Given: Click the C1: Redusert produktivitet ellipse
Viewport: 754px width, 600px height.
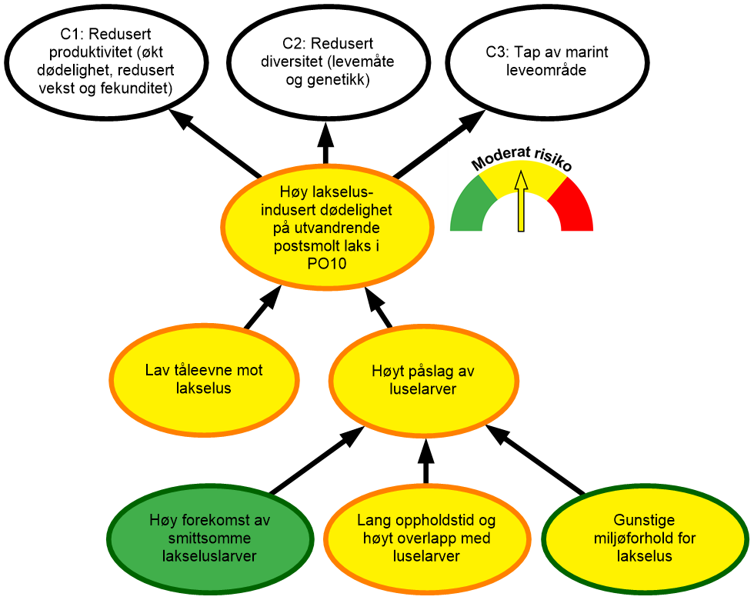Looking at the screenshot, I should pyautogui.click(x=106, y=62).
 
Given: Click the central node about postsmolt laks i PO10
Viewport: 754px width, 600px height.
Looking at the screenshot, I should pyautogui.click(x=327, y=229).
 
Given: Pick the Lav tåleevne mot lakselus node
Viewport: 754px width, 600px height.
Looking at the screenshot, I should pyautogui.click(x=204, y=379).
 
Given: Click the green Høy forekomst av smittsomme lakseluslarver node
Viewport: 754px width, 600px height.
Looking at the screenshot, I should pyautogui.click(x=209, y=538).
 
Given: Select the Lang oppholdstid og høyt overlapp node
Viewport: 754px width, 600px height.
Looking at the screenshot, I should pyautogui.click(x=426, y=538).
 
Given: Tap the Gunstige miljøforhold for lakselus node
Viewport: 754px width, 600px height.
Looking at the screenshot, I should pyautogui.click(x=645, y=537).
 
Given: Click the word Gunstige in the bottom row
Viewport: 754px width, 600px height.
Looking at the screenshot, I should pyautogui.click(x=645, y=519).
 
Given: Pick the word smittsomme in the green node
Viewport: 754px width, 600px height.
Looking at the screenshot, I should pyautogui.click(x=209, y=538).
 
